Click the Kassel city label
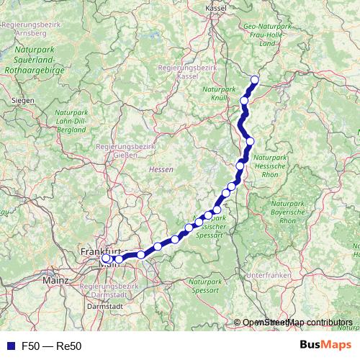(216, 6)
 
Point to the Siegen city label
(23, 100)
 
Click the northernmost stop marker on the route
(254, 80)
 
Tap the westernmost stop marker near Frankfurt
(106, 258)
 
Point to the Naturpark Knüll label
(219, 93)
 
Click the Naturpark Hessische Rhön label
(271, 166)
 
